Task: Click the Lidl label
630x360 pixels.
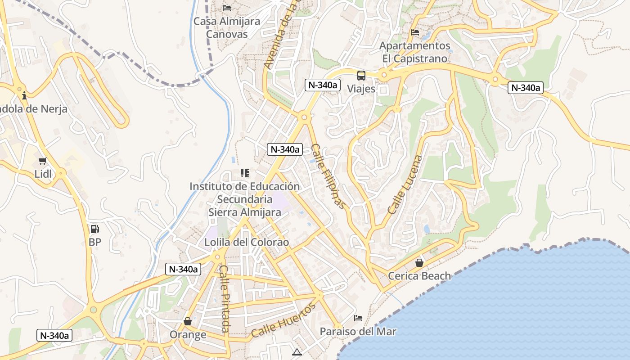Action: coord(43,174)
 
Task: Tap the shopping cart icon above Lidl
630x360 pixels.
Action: coord(43,161)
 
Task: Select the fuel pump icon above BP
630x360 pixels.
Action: coord(94,229)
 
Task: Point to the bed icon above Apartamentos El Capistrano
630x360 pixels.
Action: coord(415,32)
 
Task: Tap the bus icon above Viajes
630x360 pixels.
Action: coord(361,76)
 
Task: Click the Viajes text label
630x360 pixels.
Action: coord(361,89)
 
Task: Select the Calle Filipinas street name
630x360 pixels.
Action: coord(329,176)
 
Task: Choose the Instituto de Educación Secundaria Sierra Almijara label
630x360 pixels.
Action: coord(244,199)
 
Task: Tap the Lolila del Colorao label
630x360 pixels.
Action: coord(247,242)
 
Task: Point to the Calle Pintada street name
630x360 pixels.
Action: coord(224,298)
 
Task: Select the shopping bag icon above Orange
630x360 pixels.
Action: coord(188,321)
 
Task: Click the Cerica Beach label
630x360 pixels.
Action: coord(419,276)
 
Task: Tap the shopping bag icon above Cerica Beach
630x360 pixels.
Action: coord(419,263)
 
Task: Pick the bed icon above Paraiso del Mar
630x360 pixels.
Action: coord(358,318)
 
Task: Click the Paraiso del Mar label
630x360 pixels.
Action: coord(358,332)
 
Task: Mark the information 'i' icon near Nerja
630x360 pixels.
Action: coord(24,95)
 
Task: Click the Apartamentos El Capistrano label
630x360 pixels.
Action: coord(414,52)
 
